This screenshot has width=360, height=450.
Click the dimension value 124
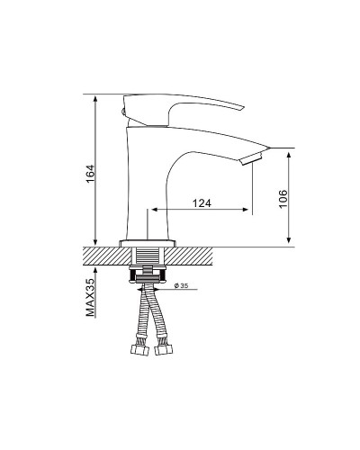coord(203,204)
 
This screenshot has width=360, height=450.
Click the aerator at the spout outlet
coord(252,159)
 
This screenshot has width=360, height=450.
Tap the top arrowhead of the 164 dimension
coord(94,98)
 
